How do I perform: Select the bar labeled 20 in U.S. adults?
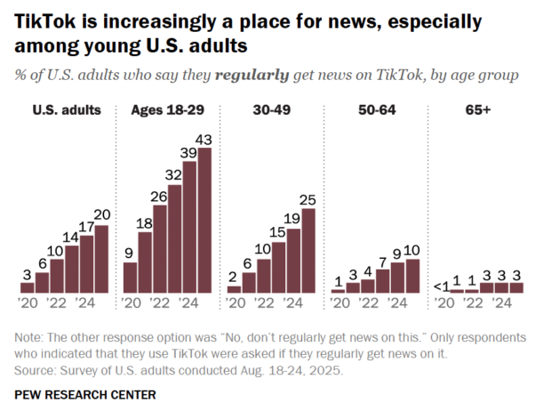(x=100, y=259)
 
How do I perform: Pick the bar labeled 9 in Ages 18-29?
(x=131, y=278)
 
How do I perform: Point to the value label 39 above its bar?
(x=189, y=153)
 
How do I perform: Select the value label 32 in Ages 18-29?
(x=174, y=175)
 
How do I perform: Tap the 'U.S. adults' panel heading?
(x=67, y=110)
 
